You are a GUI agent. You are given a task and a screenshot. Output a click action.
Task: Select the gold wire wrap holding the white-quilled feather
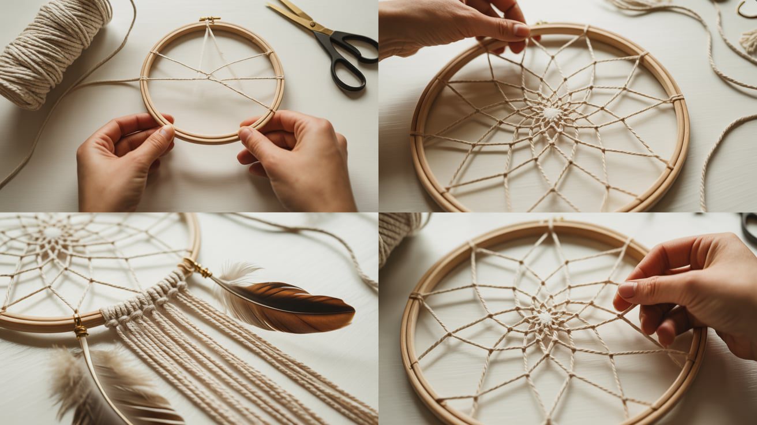(x=80, y=330)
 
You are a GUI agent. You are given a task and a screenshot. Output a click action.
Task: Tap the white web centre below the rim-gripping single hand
(x=551, y=114)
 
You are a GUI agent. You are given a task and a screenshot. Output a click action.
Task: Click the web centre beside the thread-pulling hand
(x=544, y=317)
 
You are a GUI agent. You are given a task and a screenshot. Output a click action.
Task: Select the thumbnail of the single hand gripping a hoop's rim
(x=521, y=30)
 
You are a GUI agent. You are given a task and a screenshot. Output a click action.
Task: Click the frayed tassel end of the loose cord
(x=749, y=40)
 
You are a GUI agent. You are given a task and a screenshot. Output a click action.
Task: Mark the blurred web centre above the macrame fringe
(x=52, y=233)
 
